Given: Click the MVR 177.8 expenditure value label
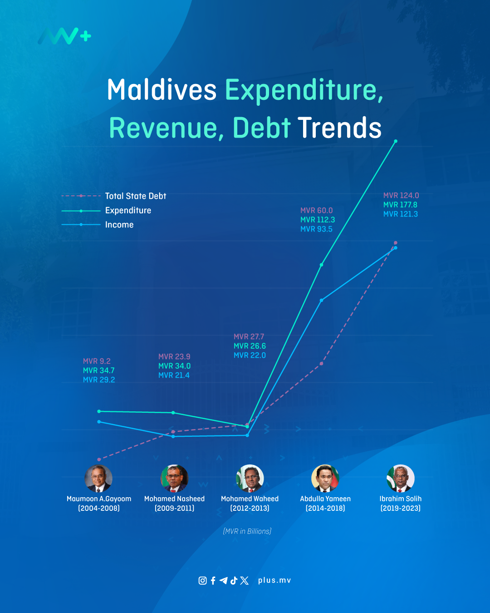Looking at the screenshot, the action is point(400,205).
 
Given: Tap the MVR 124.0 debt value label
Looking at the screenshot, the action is point(401,195).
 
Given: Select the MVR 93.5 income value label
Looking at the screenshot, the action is point(316,229).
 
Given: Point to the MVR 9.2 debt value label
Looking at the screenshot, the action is point(97,361).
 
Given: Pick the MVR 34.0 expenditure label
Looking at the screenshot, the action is point(174,366).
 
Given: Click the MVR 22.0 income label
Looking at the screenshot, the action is point(250,356).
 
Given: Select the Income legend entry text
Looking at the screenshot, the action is point(119,225).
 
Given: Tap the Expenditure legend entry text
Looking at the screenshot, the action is point(128,211).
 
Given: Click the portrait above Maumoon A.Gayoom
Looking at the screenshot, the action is point(98,479).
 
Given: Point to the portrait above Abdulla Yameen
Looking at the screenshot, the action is point(325,479).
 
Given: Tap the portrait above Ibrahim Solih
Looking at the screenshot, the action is point(400,479).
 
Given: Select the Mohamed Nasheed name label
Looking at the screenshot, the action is point(174,499).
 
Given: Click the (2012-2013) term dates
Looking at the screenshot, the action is point(250,508).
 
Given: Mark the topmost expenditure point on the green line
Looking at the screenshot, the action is point(396,141).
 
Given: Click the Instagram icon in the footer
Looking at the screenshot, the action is point(202,580).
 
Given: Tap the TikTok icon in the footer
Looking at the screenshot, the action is point(234,580).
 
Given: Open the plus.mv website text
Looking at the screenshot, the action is point(274,580).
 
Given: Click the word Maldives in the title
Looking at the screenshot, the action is point(162,90).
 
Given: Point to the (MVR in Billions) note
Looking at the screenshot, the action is point(247,531).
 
